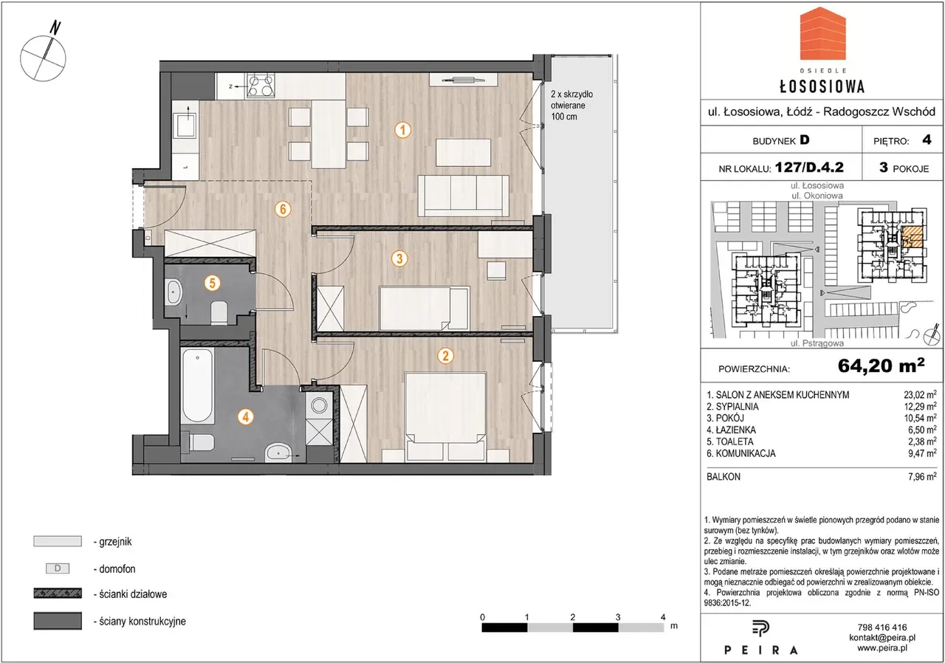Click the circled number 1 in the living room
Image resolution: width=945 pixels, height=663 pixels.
tap(403, 130)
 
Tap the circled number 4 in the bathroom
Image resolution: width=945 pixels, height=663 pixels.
tap(246, 417)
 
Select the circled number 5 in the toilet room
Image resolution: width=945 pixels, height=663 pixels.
tap(213, 283)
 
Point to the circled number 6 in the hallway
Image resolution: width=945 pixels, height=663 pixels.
tap(283, 209)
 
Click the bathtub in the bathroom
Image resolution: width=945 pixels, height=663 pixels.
tap(197, 385)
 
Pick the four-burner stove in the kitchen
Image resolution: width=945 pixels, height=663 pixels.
tap(261, 86)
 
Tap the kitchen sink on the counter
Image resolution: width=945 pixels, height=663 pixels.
tap(186, 123)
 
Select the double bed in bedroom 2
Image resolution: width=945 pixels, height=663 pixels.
tap(445, 416)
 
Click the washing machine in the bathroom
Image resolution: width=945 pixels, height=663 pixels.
tap(320, 406)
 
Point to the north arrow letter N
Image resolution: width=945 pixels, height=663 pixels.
tap(55, 28)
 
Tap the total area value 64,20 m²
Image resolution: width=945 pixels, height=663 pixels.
tap(881, 365)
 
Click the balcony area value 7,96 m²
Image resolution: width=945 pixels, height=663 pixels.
tap(922, 476)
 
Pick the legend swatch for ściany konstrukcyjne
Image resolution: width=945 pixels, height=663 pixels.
tap(58, 621)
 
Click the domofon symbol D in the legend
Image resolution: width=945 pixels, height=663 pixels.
tap(58, 568)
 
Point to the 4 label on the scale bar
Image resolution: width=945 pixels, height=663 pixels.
tap(663, 617)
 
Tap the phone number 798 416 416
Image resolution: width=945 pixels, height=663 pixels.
tap(882, 627)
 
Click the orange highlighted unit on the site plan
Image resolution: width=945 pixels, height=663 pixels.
tap(911, 237)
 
